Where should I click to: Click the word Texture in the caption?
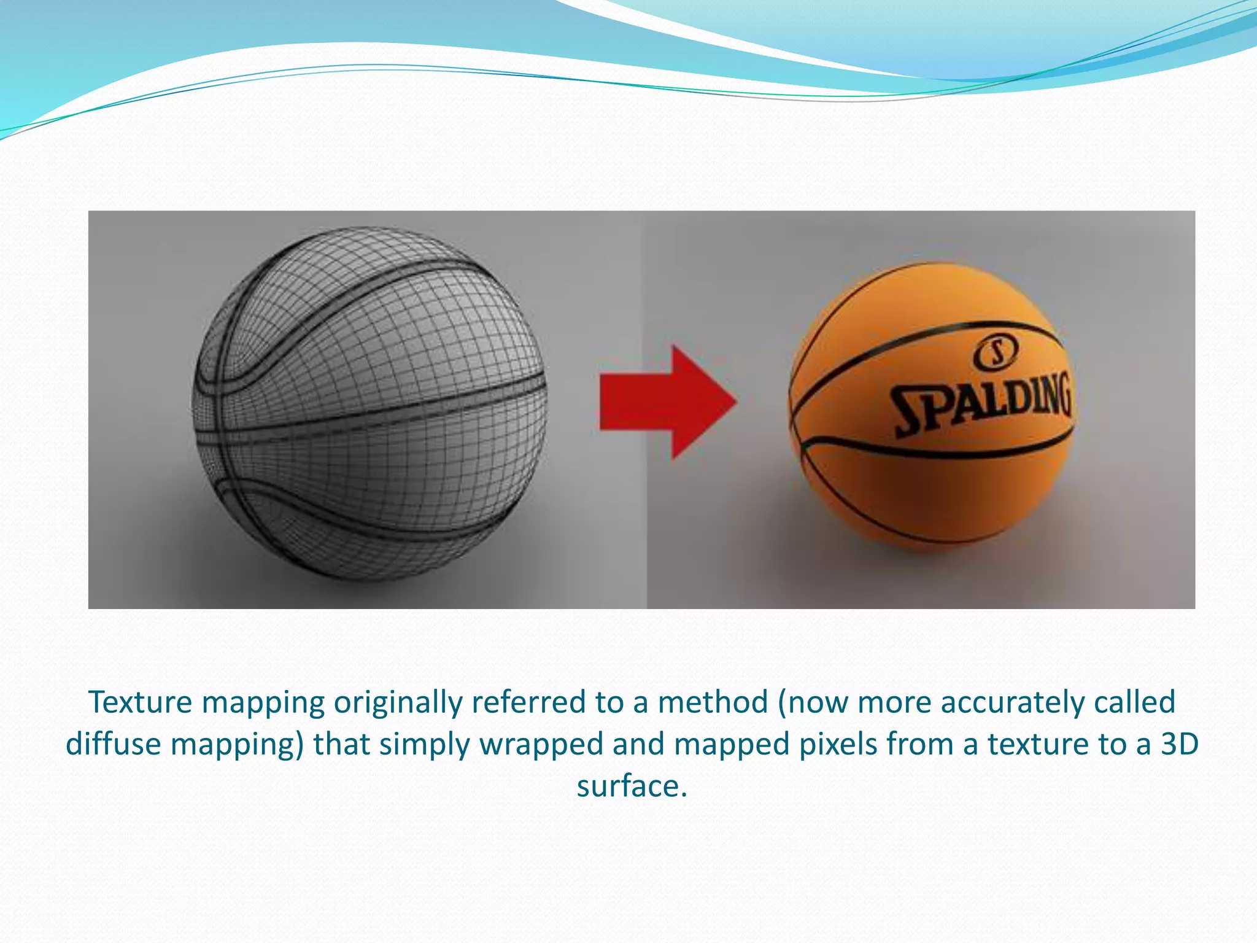pyautogui.click(x=139, y=702)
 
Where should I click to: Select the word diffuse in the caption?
pyautogui.click(x=113, y=744)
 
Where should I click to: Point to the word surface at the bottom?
pyautogui.click(x=631, y=786)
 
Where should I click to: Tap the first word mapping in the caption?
pyautogui.click(x=263, y=702)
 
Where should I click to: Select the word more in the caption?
pyautogui.click(x=895, y=702)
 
